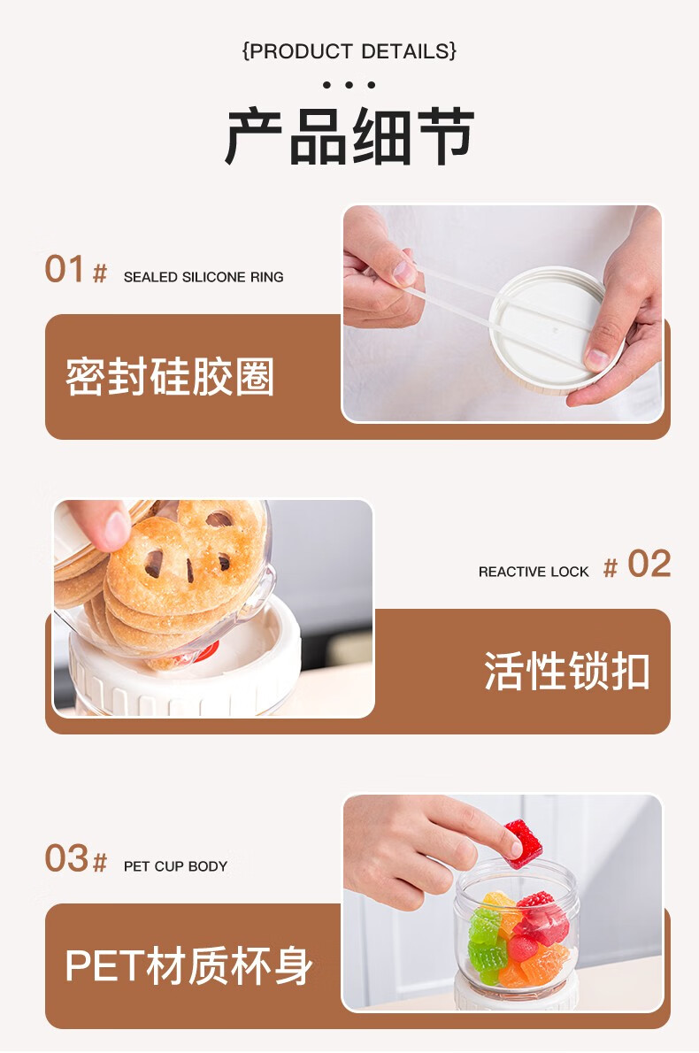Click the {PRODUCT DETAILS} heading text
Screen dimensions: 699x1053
pos(349,51)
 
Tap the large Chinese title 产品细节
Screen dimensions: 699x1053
pos(349,136)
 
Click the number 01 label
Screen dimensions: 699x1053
pos(65,269)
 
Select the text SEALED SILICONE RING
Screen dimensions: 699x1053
pos(204,277)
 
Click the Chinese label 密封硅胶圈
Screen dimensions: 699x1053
pos(170,376)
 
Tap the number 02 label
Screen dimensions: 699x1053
pos(649,565)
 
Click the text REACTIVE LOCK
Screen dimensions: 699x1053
pos(534,572)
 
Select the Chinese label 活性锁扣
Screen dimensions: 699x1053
pos(567,671)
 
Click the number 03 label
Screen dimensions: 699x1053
pos(66,859)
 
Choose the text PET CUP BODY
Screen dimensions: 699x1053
pos(175,866)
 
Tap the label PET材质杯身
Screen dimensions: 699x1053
pos(188,965)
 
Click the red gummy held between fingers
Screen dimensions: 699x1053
pos(524,843)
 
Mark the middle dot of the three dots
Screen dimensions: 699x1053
pos(349,85)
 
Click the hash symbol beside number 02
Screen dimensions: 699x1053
pos(611,568)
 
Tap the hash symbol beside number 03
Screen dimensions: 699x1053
pos(100,863)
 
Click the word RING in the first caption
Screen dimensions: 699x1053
pos(267,277)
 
